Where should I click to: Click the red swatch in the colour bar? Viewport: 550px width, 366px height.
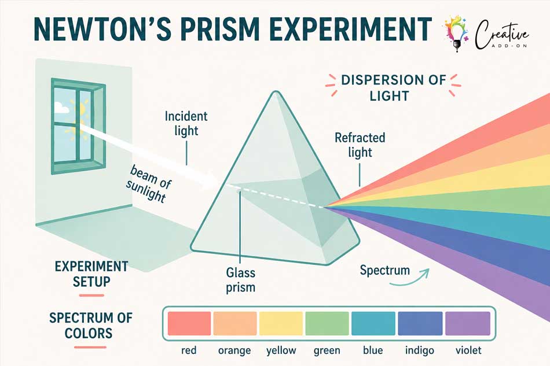(x=189, y=323)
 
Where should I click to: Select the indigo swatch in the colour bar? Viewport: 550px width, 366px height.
(x=420, y=323)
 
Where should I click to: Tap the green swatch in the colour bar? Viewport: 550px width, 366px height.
(x=327, y=323)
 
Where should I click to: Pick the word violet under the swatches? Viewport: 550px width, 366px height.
(x=468, y=350)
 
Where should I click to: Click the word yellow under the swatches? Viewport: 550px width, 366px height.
(x=281, y=351)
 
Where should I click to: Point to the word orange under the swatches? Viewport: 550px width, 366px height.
(x=234, y=351)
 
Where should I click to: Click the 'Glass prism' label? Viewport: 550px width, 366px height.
(x=240, y=280)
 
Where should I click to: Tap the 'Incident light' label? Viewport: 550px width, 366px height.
(x=186, y=123)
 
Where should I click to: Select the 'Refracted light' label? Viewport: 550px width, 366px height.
(x=360, y=145)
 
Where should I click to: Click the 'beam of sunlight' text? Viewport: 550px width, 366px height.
(x=149, y=183)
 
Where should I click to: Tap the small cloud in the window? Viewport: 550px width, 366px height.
(x=61, y=107)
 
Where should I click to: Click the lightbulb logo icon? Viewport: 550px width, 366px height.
(x=456, y=34)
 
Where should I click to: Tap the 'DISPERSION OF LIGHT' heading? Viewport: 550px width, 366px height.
(x=393, y=87)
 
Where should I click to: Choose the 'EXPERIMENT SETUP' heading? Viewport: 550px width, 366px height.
(x=91, y=274)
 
